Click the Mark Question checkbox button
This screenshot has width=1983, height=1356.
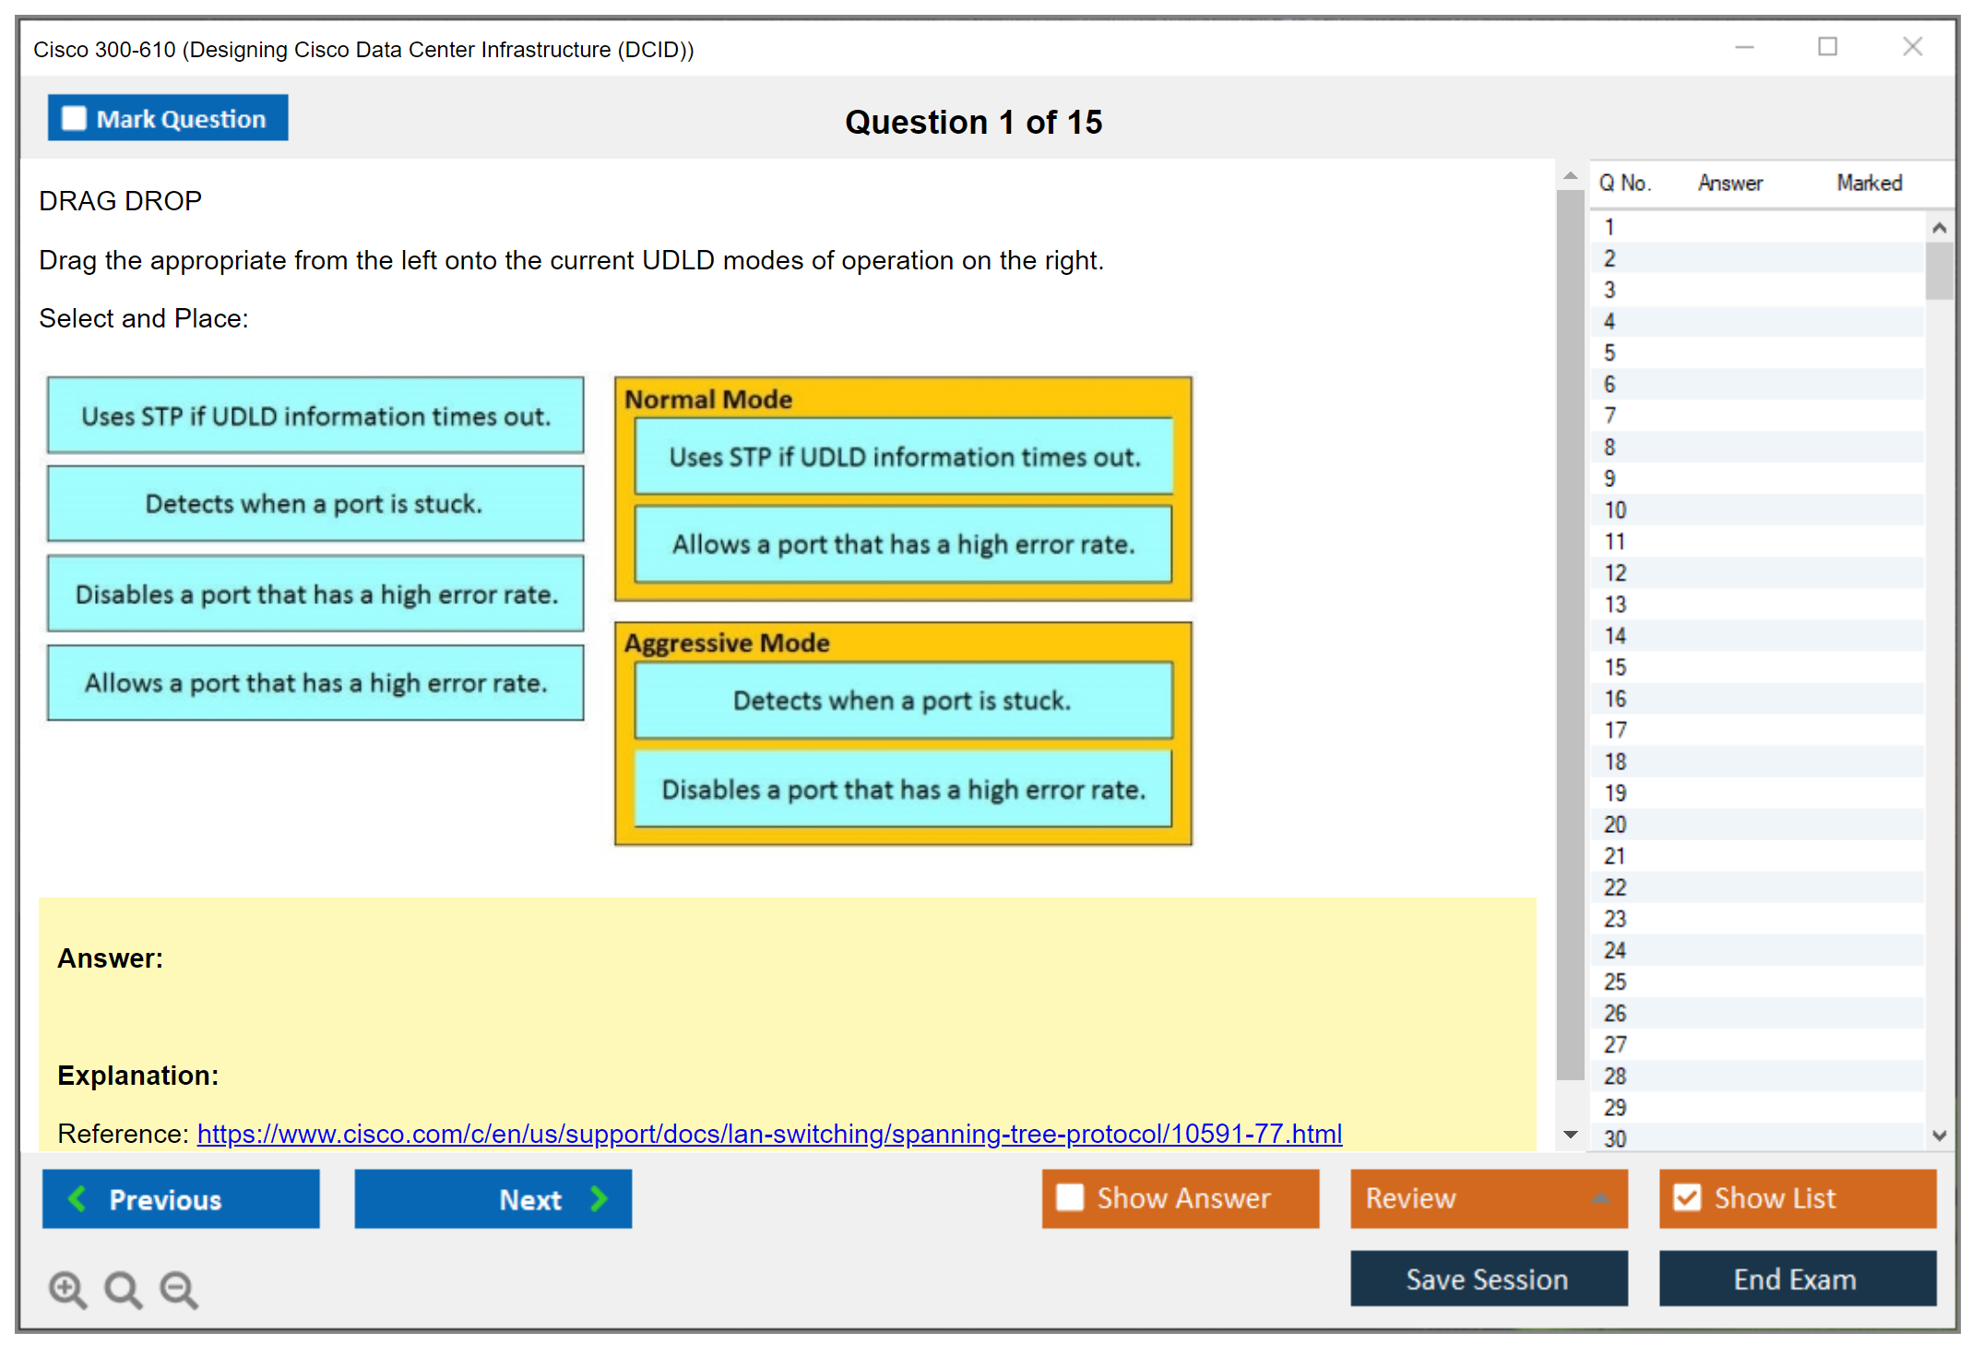(168, 118)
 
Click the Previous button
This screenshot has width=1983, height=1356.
(181, 1199)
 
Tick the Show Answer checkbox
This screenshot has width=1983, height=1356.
(1070, 1197)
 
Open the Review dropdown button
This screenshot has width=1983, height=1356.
(1489, 1198)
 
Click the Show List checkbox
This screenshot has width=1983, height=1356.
(1687, 1197)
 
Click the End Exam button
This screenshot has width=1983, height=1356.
(1797, 1279)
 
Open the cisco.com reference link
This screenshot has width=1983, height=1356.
(769, 1134)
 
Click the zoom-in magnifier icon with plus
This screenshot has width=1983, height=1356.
(67, 1290)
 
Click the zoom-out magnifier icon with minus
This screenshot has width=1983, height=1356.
(179, 1290)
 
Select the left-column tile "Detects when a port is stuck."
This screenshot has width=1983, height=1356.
(315, 504)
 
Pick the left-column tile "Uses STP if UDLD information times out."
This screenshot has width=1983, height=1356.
(315, 415)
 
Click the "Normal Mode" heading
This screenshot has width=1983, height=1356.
(708, 399)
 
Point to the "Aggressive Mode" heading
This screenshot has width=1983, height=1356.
(727, 643)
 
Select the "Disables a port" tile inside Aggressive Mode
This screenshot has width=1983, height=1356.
(903, 790)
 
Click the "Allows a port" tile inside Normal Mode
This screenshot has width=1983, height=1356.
(903, 544)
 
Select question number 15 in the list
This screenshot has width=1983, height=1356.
(1615, 667)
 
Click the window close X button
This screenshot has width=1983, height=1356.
(1912, 46)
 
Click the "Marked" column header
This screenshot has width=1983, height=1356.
(1869, 183)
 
